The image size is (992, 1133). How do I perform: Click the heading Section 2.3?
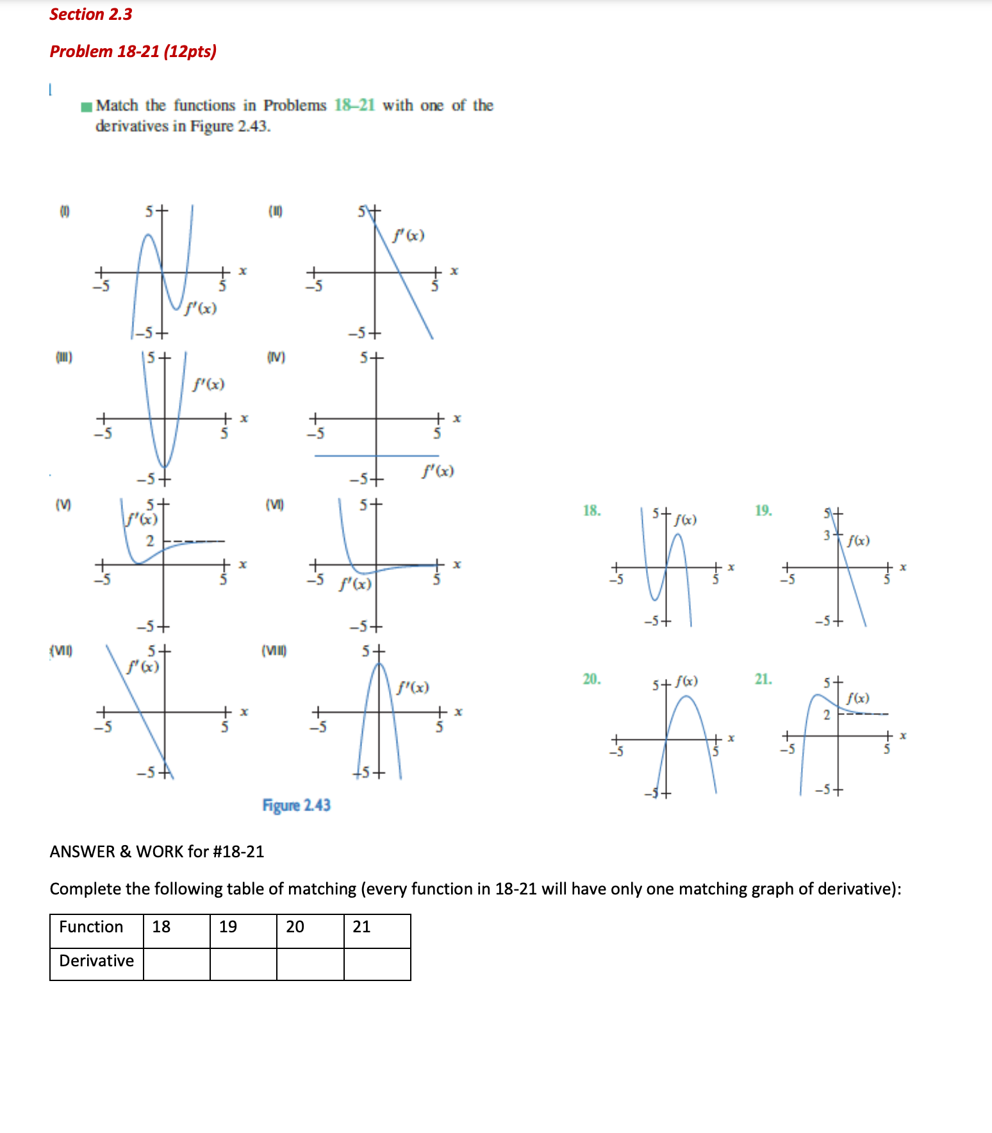coord(90,14)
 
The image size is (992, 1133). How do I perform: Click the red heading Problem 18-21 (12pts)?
coord(133,51)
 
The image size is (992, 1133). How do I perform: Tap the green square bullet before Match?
coord(87,106)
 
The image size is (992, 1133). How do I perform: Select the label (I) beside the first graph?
coord(65,211)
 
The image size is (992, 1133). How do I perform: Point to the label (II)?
coord(275,211)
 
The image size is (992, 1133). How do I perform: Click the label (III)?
coord(64,357)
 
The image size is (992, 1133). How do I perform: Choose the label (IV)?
coord(276,357)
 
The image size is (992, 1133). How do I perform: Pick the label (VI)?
coord(274,505)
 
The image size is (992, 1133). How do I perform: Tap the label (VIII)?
coord(274,651)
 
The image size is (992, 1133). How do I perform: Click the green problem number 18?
coord(591,511)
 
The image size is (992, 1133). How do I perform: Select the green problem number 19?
coord(763,511)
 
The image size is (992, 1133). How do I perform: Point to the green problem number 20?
coord(591,679)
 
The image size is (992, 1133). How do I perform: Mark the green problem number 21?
coord(763,679)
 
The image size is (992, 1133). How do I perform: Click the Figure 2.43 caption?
coord(296,805)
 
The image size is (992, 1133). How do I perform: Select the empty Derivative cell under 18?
coord(176,964)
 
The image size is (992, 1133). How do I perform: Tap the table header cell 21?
coord(377,927)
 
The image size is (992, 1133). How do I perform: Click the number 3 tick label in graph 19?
coord(827,535)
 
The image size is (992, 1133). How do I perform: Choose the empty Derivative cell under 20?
coord(310,964)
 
